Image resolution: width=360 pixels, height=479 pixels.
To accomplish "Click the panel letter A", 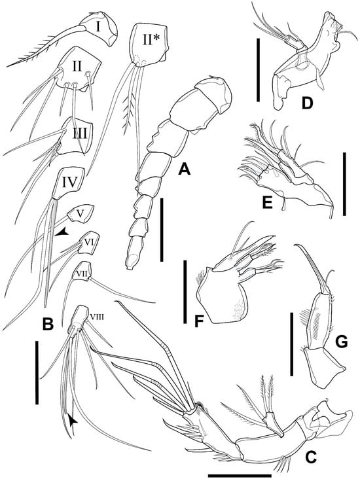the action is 185,168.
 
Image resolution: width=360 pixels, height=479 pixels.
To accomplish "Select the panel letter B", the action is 48,324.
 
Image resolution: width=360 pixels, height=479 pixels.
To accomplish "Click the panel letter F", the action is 199,321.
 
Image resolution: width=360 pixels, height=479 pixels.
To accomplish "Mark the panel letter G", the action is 341,342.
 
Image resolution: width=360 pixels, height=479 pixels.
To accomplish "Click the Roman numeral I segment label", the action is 98,27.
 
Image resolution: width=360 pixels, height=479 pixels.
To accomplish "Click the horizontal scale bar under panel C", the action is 240,476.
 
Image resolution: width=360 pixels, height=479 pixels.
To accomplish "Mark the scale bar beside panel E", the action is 344,184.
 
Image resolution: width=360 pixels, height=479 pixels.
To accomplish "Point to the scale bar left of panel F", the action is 185,292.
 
